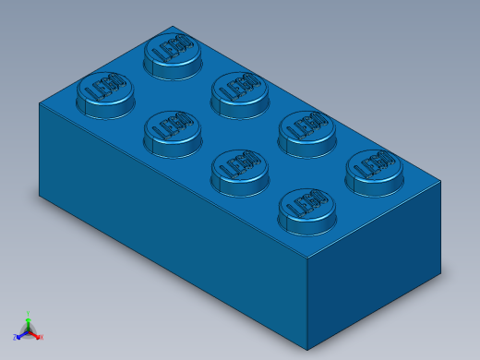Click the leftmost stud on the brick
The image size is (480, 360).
pyautogui.click(x=104, y=92)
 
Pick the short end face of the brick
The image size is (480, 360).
pyautogui.click(x=374, y=263)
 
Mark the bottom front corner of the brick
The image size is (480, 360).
pyautogui.click(x=307, y=350)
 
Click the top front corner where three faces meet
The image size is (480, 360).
pyautogui.click(x=307, y=258)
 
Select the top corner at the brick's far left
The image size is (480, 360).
pyautogui.click(x=40, y=103)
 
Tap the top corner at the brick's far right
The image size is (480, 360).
pyautogui.click(x=440, y=182)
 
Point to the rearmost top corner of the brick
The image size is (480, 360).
pyautogui.click(x=173, y=27)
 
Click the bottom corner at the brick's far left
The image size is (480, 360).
pyautogui.click(x=40, y=195)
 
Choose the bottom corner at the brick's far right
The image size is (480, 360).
pyautogui.click(x=440, y=272)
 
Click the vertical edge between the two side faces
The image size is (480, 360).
pyautogui.click(x=307, y=305)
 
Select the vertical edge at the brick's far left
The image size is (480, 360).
pyautogui.click(x=40, y=148)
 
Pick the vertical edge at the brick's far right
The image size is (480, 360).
pyautogui.click(x=440, y=227)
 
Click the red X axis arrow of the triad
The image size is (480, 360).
pyautogui.click(x=37, y=335)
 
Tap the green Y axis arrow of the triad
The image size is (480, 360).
pyautogui.click(x=29, y=322)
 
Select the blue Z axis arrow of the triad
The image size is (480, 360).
pyautogui.click(x=20, y=335)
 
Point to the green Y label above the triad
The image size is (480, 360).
pyautogui.click(x=29, y=314)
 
